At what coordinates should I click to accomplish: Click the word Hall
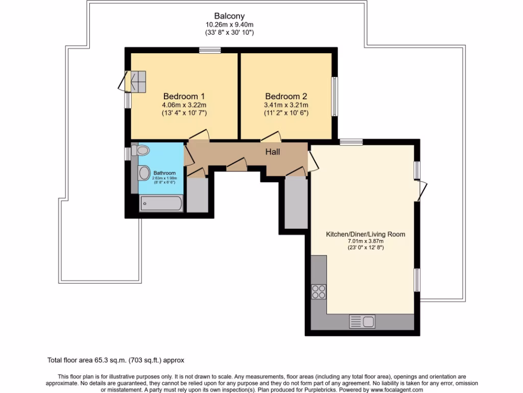(x=272, y=152)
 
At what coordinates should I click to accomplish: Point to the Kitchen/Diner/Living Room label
(x=365, y=234)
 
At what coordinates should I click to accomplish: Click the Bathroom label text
(x=165, y=173)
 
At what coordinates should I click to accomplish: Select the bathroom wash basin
(x=144, y=173)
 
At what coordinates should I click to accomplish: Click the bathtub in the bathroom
(x=161, y=204)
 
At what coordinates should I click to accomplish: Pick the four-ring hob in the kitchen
(x=319, y=291)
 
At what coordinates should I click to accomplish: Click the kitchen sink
(x=362, y=321)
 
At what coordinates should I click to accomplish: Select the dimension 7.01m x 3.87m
(x=365, y=242)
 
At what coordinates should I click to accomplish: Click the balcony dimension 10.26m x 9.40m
(x=229, y=24)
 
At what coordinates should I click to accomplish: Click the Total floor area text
(x=119, y=360)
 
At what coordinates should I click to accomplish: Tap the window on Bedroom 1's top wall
(x=210, y=50)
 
